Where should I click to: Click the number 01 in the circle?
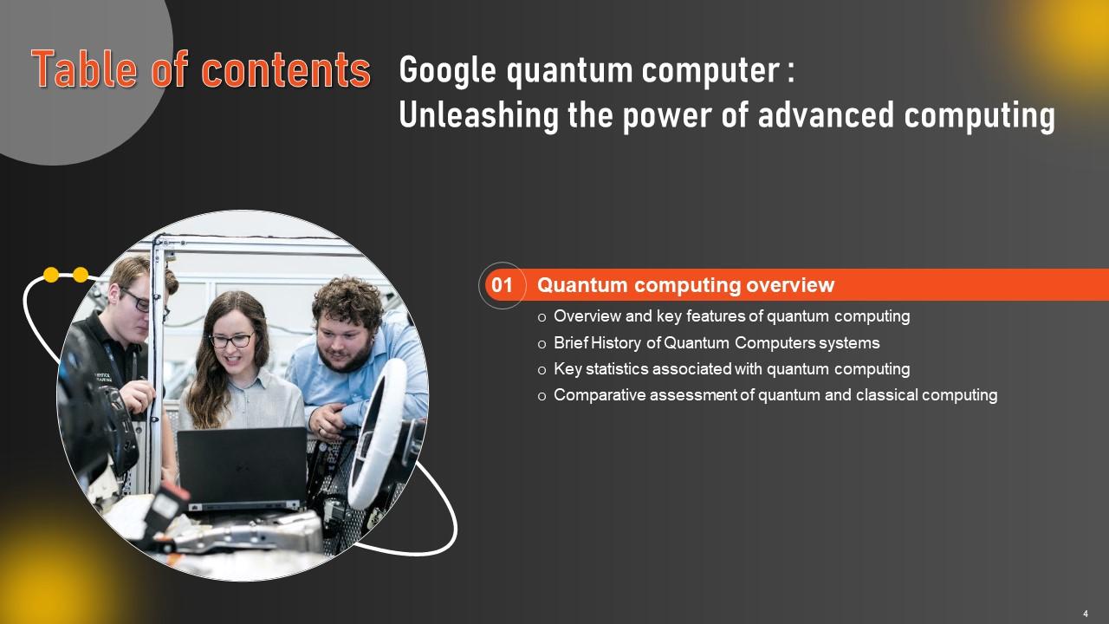coord(503,285)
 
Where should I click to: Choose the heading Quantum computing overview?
coord(685,285)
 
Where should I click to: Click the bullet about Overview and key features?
coord(731,316)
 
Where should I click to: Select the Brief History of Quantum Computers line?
coord(717,342)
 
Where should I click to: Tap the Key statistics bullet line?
coord(731,369)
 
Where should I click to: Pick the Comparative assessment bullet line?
coord(775,395)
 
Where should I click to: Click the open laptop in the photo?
coord(242,468)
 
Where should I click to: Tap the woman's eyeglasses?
coord(230,340)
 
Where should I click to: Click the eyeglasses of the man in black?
coord(136,301)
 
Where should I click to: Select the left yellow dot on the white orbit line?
coord(51,275)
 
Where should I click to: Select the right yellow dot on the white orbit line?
coord(81,275)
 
